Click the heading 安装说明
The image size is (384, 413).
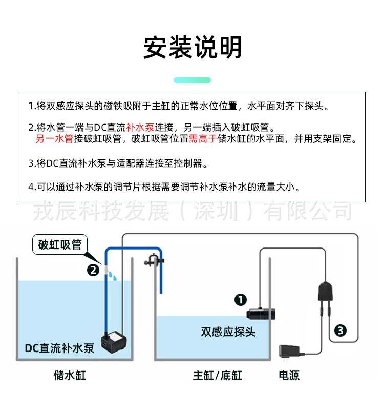192,48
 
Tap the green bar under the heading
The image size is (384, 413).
192,80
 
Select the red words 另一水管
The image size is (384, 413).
54,139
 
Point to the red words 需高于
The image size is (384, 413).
203,139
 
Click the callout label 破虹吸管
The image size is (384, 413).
60,245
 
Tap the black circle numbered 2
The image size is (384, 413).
93,270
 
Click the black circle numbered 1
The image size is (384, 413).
241,300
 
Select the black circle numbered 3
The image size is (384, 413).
340,331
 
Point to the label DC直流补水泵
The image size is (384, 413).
60,349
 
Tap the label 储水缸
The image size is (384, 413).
70,376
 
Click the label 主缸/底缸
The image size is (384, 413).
217,376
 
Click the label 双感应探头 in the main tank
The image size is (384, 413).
228,332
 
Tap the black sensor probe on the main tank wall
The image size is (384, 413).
262,313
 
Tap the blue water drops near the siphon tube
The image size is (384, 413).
114,277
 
